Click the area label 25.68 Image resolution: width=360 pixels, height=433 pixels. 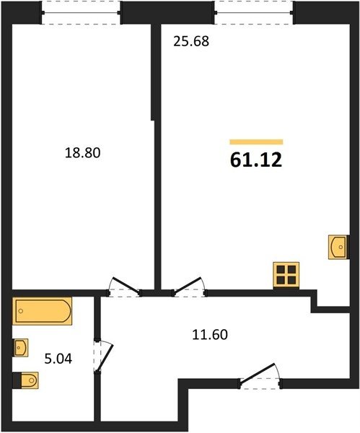(191, 41)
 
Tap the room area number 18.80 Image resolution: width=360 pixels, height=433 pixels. (82, 153)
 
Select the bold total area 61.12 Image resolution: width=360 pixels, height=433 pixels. (256, 160)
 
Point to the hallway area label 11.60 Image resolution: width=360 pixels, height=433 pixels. (210, 334)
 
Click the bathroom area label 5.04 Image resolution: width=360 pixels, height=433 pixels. (58, 359)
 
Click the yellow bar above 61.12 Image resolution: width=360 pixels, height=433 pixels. (256, 142)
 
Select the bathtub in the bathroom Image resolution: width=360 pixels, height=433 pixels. (43, 311)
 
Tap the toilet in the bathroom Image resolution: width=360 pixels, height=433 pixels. (26, 380)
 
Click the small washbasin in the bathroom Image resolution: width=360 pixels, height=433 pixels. (21, 347)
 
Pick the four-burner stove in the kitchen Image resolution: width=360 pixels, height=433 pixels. (286, 275)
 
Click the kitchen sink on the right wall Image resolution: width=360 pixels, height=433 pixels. (338, 247)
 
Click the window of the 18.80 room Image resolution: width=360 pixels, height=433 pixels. (81, 13)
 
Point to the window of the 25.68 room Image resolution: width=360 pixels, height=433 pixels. (254, 13)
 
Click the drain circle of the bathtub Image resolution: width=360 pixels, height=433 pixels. (21, 311)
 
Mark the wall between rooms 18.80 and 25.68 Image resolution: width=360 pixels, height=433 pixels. (157, 157)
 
